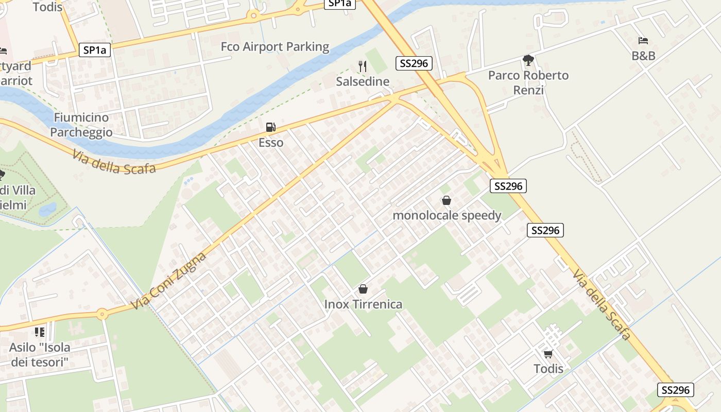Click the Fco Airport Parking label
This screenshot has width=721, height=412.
[274, 47]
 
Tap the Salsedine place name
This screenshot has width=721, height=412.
[363, 81]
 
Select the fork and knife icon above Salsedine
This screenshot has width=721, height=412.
[363, 66]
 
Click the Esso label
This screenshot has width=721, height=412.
[271, 143]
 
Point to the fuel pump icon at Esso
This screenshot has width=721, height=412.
[270, 127]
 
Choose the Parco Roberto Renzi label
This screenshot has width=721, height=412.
[528, 82]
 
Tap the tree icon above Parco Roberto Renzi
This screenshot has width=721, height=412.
[528, 60]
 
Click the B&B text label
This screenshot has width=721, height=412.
[643, 56]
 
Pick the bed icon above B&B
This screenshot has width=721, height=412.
[643, 40]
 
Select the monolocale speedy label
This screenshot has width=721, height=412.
[447, 215]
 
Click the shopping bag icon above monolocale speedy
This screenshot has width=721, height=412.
[447, 200]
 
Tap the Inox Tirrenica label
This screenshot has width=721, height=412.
[363, 304]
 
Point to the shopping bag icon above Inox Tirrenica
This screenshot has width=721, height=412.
[363, 289]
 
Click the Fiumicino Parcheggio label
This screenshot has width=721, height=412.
[82, 125]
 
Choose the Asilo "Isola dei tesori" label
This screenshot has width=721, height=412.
[40, 354]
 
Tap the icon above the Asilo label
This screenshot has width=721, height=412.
[40, 332]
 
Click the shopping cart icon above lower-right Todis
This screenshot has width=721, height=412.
[548, 354]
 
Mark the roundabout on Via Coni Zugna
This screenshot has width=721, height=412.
[102, 313]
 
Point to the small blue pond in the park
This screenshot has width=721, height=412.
[47, 209]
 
